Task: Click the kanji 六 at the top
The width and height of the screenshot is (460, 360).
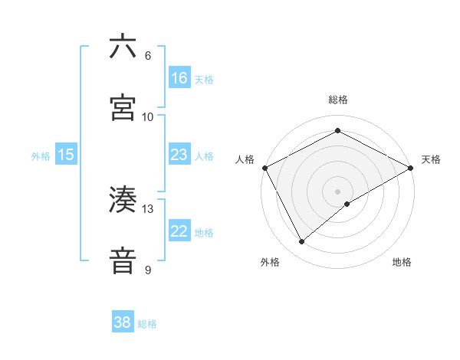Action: click(x=123, y=47)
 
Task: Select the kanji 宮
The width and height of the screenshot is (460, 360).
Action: click(x=123, y=108)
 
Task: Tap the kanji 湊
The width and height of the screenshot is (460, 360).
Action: click(x=123, y=200)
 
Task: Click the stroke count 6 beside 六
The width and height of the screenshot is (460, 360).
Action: click(x=148, y=55)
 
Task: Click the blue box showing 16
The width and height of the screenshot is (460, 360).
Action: click(x=179, y=78)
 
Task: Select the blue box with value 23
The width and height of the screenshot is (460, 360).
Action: click(x=179, y=155)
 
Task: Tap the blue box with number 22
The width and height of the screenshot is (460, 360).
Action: click(x=179, y=231)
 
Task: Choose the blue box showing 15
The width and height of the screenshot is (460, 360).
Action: click(x=66, y=155)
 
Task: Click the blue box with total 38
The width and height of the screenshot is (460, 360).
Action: click(x=123, y=322)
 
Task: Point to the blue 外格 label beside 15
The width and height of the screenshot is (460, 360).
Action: click(x=41, y=155)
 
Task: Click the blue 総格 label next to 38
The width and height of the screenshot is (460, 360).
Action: click(x=147, y=324)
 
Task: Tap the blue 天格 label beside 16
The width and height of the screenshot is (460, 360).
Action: click(x=204, y=79)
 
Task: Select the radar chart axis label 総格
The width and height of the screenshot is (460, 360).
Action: click(x=338, y=100)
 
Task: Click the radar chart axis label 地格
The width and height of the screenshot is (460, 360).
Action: click(x=402, y=262)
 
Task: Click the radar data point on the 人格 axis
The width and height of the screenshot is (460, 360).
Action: click(x=264, y=167)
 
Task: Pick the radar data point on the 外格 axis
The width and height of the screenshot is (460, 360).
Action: click(x=302, y=241)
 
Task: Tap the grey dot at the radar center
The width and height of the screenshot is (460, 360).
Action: click(x=338, y=191)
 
